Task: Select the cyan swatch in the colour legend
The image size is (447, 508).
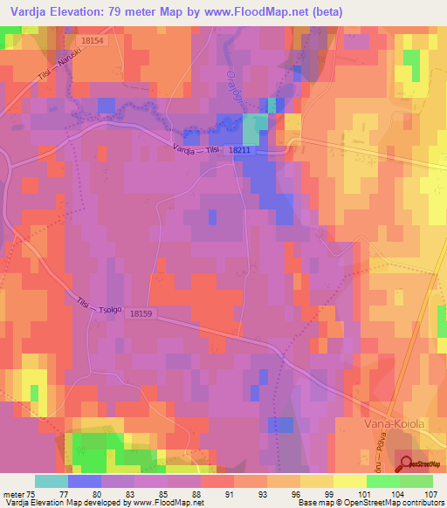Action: [51, 481]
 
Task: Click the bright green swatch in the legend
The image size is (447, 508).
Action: [416, 481]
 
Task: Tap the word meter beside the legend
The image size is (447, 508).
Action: [12, 493]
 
